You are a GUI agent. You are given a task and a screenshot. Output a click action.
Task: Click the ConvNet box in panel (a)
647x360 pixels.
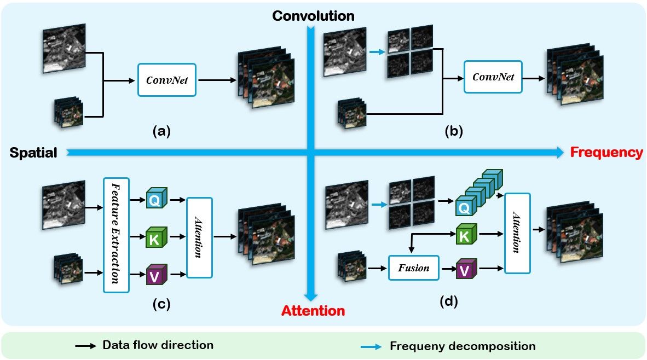click(x=167, y=79)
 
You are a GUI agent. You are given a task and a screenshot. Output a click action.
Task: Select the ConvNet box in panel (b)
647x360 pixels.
click(x=493, y=77)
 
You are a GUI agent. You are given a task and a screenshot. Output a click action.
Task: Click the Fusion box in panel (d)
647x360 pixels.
click(x=414, y=268)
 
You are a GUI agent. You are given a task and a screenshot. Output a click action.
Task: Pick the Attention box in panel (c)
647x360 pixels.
click(x=199, y=237)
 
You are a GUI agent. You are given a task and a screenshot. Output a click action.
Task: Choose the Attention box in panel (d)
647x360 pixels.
click(x=517, y=233)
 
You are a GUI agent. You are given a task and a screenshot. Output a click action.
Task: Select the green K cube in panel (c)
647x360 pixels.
click(x=155, y=237)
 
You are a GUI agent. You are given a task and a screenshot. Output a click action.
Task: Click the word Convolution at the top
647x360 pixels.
click(x=314, y=16)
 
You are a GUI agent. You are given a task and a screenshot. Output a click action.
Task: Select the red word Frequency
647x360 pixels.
click(x=606, y=153)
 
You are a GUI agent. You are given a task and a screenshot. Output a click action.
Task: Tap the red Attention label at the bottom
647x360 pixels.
click(x=313, y=311)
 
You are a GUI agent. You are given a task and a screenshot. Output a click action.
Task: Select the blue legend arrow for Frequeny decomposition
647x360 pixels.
click(x=371, y=346)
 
